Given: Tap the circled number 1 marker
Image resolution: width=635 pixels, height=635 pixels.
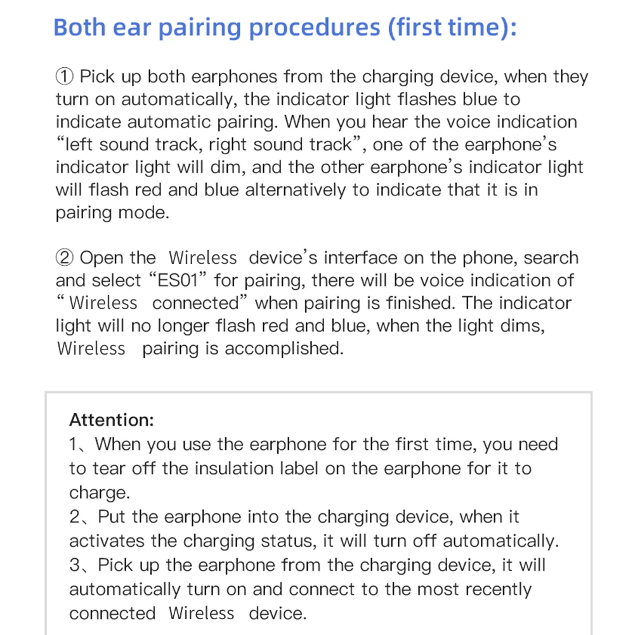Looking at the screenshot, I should (65, 77).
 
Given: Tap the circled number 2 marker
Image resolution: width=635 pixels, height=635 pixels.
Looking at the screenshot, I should (65, 258).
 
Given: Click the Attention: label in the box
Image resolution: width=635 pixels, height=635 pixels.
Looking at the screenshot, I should (112, 420).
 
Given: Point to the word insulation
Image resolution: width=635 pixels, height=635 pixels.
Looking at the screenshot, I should (235, 469).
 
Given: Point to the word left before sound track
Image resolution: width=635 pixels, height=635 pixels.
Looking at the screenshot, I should (78, 145).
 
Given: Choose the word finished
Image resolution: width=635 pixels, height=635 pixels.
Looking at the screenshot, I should (421, 303).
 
